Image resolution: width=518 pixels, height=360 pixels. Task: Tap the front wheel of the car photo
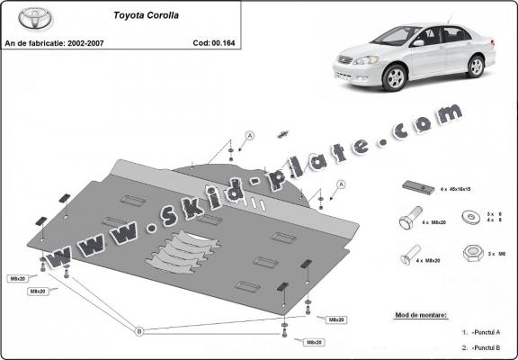pos(394,78)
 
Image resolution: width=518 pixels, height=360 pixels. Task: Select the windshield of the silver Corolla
pos(397,36)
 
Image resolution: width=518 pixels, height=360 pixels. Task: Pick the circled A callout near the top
pos(249,136)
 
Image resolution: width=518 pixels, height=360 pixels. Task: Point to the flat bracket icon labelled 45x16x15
pos(414,186)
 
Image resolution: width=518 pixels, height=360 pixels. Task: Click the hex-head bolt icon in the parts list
pos(406,220)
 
